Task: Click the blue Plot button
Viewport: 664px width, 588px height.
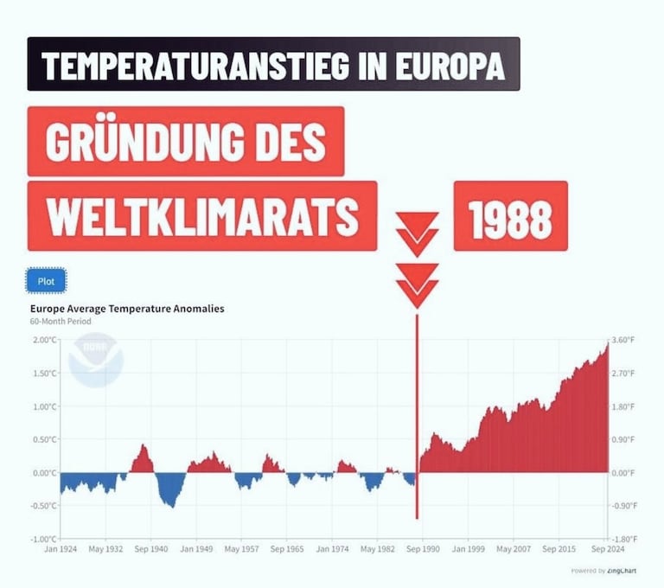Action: pyautogui.click(x=46, y=281)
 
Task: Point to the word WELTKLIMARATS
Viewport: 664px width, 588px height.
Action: pyautogui.click(x=202, y=216)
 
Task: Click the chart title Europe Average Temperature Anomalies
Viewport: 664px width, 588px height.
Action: pyautogui.click(x=127, y=308)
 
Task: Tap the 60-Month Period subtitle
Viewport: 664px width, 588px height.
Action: pyautogui.click(x=61, y=322)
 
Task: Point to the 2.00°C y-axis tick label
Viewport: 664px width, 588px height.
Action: pyautogui.click(x=43, y=340)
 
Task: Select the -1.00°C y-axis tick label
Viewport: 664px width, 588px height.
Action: pyautogui.click(x=42, y=540)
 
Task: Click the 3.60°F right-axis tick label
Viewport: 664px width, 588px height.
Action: pyautogui.click(x=623, y=340)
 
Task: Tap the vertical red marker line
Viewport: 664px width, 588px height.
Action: pyautogui.click(x=417, y=415)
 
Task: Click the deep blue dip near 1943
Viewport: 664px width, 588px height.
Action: pyautogui.click(x=170, y=493)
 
